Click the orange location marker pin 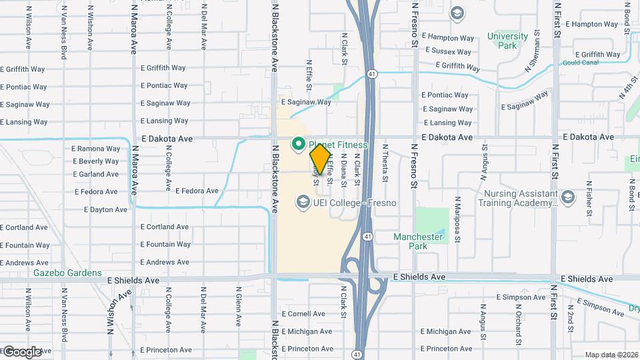point(321,159)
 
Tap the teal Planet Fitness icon point(299,144)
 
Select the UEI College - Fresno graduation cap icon point(303,202)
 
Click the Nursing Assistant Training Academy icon point(567,197)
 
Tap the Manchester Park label point(418,241)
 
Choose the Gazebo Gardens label point(68,273)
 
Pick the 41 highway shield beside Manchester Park point(367,236)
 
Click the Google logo point(22,351)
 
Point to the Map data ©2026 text point(611,355)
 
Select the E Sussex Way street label point(448,51)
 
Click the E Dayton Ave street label point(105,209)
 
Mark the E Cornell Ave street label point(303,313)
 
